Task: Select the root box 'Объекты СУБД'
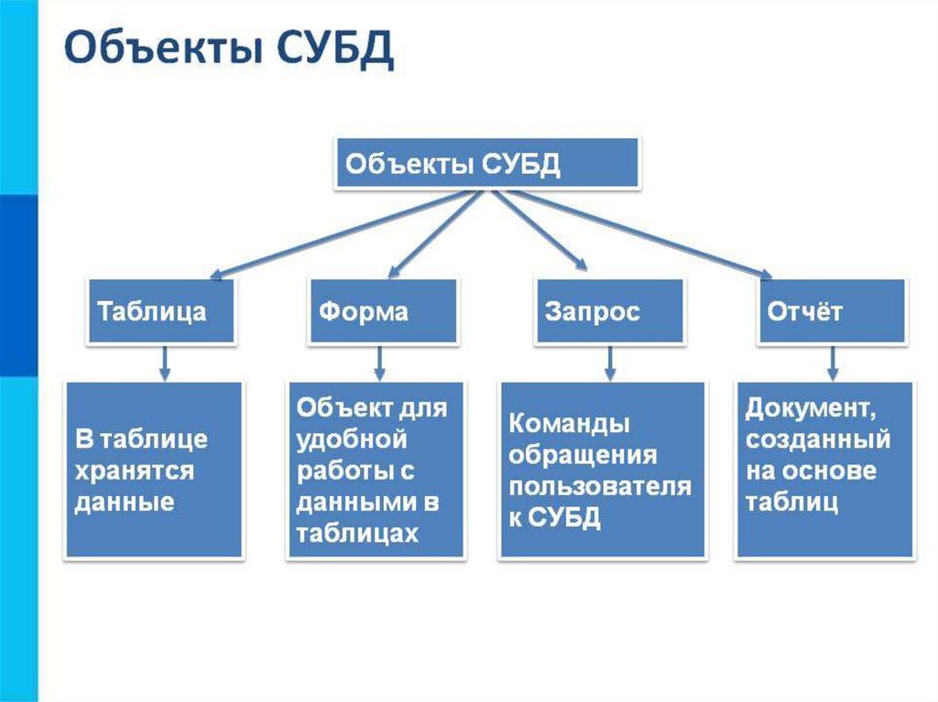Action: [486, 165]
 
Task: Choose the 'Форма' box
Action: [383, 311]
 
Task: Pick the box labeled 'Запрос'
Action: [609, 311]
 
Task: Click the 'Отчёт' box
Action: [831, 311]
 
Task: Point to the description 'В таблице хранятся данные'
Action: [154, 470]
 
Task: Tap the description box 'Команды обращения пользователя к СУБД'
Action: [602, 470]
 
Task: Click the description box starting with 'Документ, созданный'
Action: [824, 470]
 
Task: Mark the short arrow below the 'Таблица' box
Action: [165, 362]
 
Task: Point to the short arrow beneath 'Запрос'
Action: [610, 362]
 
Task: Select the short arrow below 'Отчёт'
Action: [832, 362]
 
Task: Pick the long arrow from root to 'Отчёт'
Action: [641, 233]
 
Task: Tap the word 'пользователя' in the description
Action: [600, 487]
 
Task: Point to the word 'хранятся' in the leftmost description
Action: [134, 470]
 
